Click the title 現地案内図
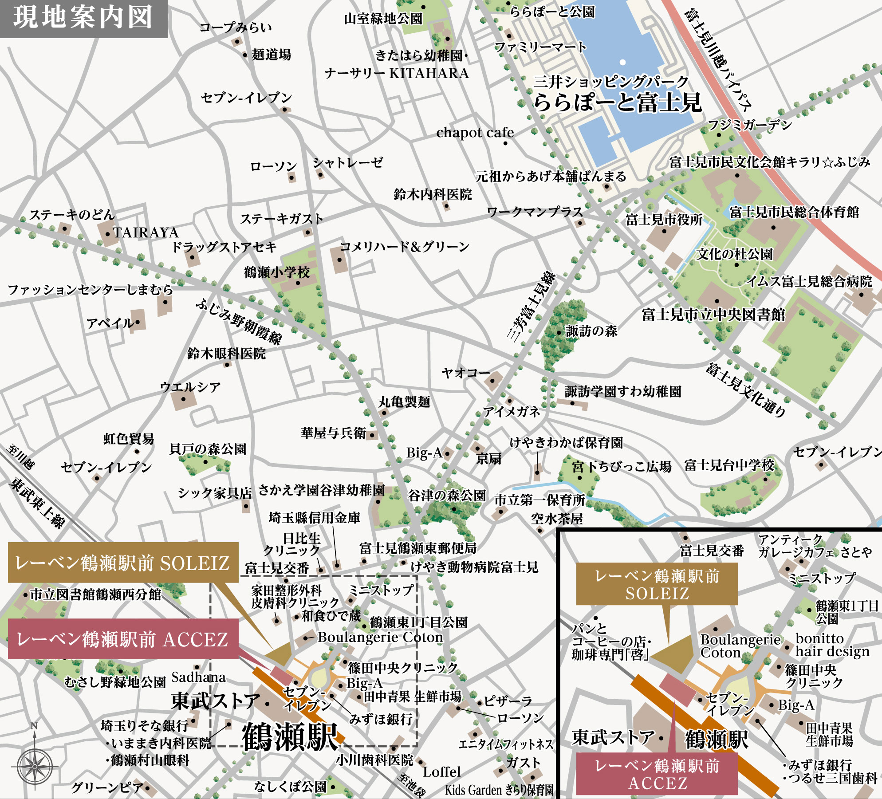pyautogui.click(x=83, y=18)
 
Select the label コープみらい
pyautogui.click(x=235, y=28)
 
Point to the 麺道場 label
pyautogui.click(x=272, y=55)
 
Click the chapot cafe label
pyautogui.click(x=475, y=133)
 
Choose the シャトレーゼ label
pyautogui.click(x=347, y=163)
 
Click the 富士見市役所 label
pyautogui.click(x=664, y=219)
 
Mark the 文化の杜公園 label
pyautogui.click(x=735, y=254)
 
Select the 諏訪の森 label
pyautogui.click(x=591, y=331)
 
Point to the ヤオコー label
pyautogui.click(x=465, y=373)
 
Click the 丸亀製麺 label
pyautogui.click(x=404, y=402)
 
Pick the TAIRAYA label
pyautogui.click(x=146, y=233)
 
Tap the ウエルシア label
pyautogui.click(x=190, y=387)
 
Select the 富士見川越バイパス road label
pyautogui.click(x=717, y=59)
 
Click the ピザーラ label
pyautogui.click(x=508, y=701)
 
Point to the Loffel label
pyautogui.click(x=441, y=772)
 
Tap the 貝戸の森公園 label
pyautogui.click(x=208, y=449)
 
